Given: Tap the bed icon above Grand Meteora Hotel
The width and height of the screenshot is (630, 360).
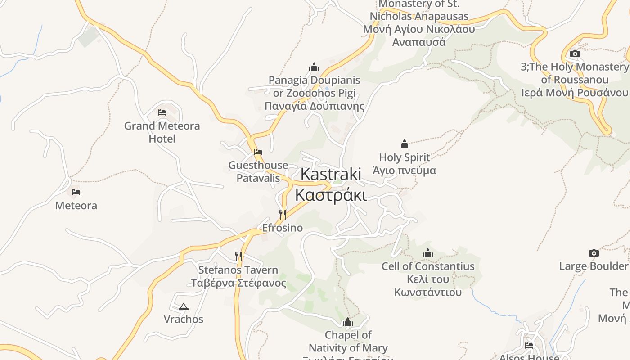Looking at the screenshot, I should pyautogui.click(x=162, y=112).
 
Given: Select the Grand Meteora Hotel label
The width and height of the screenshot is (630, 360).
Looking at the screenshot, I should pyautogui.click(x=162, y=132).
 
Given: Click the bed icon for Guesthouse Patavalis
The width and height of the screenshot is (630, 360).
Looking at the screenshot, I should pyautogui.click(x=258, y=152).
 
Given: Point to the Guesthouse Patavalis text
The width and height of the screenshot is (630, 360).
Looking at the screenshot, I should pyautogui.click(x=258, y=171).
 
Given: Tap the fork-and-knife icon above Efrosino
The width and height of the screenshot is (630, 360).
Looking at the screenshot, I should pyautogui.click(x=283, y=214).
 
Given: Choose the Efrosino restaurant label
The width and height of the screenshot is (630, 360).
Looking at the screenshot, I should pyautogui.click(x=283, y=228).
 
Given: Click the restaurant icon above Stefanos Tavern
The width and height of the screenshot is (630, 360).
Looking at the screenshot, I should pyautogui.click(x=238, y=256).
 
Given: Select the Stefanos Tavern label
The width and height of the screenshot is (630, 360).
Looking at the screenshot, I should pyautogui.click(x=238, y=276).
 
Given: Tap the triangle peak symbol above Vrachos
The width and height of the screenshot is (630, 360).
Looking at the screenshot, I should pyautogui.click(x=183, y=307).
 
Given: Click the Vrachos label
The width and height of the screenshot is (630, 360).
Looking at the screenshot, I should pyautogui.click(x=183, y=319).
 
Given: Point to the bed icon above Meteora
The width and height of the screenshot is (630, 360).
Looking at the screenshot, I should pyautogui.click(x=76, y=192).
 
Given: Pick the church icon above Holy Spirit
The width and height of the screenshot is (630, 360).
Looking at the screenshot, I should pyautogui.click(x=405, y=144).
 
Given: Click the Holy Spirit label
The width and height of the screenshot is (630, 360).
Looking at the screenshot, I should pyautogui.click(x=405, y=164).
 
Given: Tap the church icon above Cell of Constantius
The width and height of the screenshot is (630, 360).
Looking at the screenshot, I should pyautogui.click(x=428, y=253).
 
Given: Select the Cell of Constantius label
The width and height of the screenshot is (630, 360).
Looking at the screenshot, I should pyautogui.click(x=428, y=279).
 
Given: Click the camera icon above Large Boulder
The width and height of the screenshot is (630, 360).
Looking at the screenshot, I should pyautogui.click(x=594, y=253).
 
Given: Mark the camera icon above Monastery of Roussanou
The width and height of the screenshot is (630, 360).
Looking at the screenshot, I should pyautogui.click(x=575, y=54).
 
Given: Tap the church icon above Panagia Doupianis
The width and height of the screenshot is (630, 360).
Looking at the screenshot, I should pyautogui.click(x=314, y=67).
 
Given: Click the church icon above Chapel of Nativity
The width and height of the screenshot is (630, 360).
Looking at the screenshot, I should pyautogui.click(x=347, y=322).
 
